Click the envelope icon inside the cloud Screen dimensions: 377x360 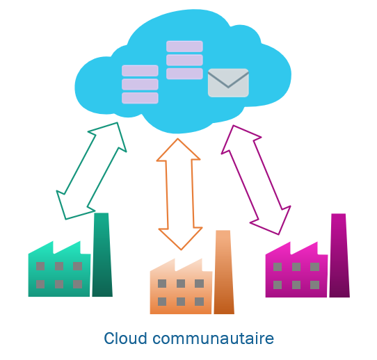coord(228,83)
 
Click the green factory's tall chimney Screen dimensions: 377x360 coord(102,254)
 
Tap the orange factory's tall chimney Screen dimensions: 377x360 coord(224,272)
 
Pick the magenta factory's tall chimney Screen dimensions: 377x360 coord(339,255)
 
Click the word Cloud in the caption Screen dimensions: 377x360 coord(125,338)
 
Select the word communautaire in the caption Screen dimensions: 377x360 coord(214,338)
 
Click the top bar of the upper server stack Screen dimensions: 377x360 coord(184,47)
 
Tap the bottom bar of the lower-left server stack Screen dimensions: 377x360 coord(140,98)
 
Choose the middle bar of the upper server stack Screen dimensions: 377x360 coord(184,60)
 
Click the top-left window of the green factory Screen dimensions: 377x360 coord(40,266)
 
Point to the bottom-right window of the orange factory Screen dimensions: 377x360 coord(200,302)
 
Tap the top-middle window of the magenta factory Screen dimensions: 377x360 coord(296,267)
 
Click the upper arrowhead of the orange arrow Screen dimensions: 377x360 coord(178,149)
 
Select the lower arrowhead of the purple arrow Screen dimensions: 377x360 coord(273,222)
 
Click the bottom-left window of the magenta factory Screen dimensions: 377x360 coord(278,285)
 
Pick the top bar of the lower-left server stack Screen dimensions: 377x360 coord(140,71)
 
